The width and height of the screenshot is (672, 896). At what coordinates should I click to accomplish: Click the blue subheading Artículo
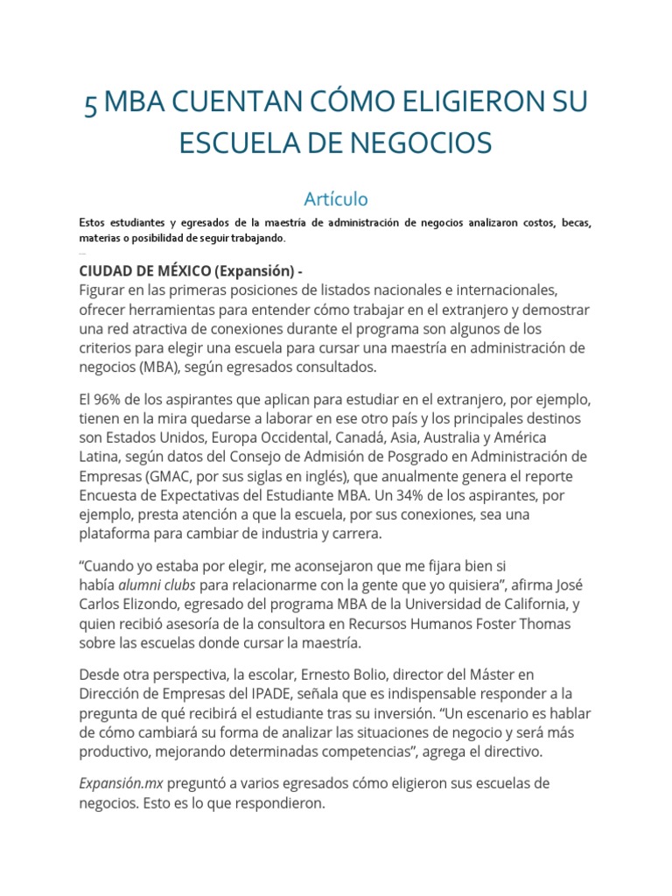pos(336,199)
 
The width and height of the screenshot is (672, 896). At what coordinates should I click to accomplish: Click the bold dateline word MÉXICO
pos(175,270)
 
